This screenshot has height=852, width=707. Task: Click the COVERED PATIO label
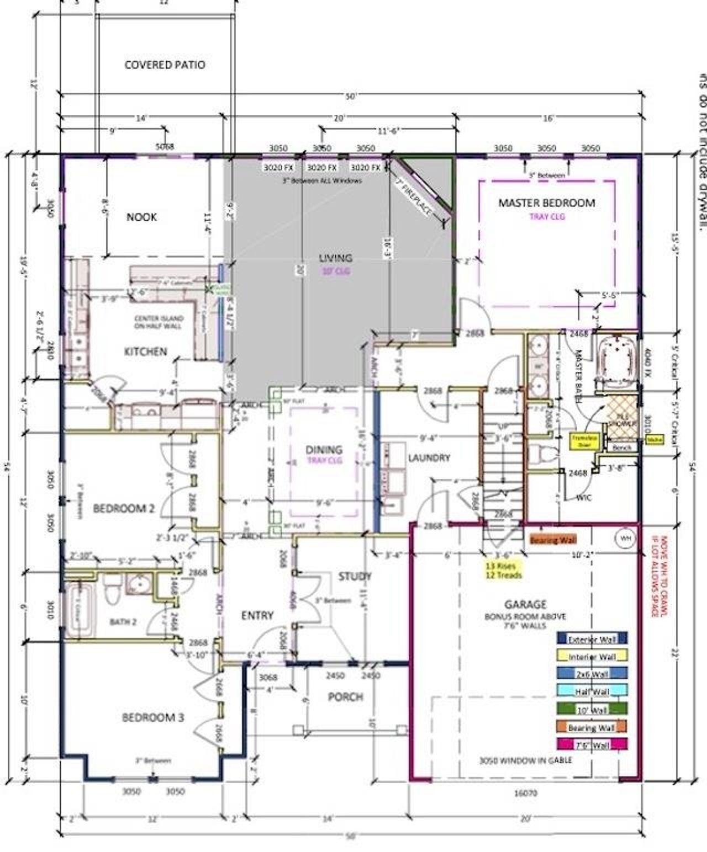tap(165, 65)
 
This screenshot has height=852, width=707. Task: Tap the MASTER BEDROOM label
tap(546, 203)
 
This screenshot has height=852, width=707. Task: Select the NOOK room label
tap(141, 217)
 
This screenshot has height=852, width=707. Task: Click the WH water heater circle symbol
tap(624, 537)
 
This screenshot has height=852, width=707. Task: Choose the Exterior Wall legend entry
tap(592, 640)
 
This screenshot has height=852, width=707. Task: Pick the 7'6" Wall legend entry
tap(592, 745)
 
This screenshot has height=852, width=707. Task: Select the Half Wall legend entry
tap(592, 692)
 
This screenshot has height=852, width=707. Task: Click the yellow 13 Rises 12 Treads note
tap(503, 570)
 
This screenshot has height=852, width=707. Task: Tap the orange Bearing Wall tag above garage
tap(551, 541)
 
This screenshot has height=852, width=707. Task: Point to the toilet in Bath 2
tap(113, 589)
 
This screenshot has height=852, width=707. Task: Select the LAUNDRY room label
tap(429, 458)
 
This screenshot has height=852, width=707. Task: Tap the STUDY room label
tap(355, 577)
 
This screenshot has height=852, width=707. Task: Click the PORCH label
tap(345, 697)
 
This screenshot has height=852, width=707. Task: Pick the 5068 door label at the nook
tap(165, 147)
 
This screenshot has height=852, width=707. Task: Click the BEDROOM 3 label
tap(152, 718)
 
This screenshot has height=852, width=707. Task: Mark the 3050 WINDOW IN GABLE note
tap(525, 760)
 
